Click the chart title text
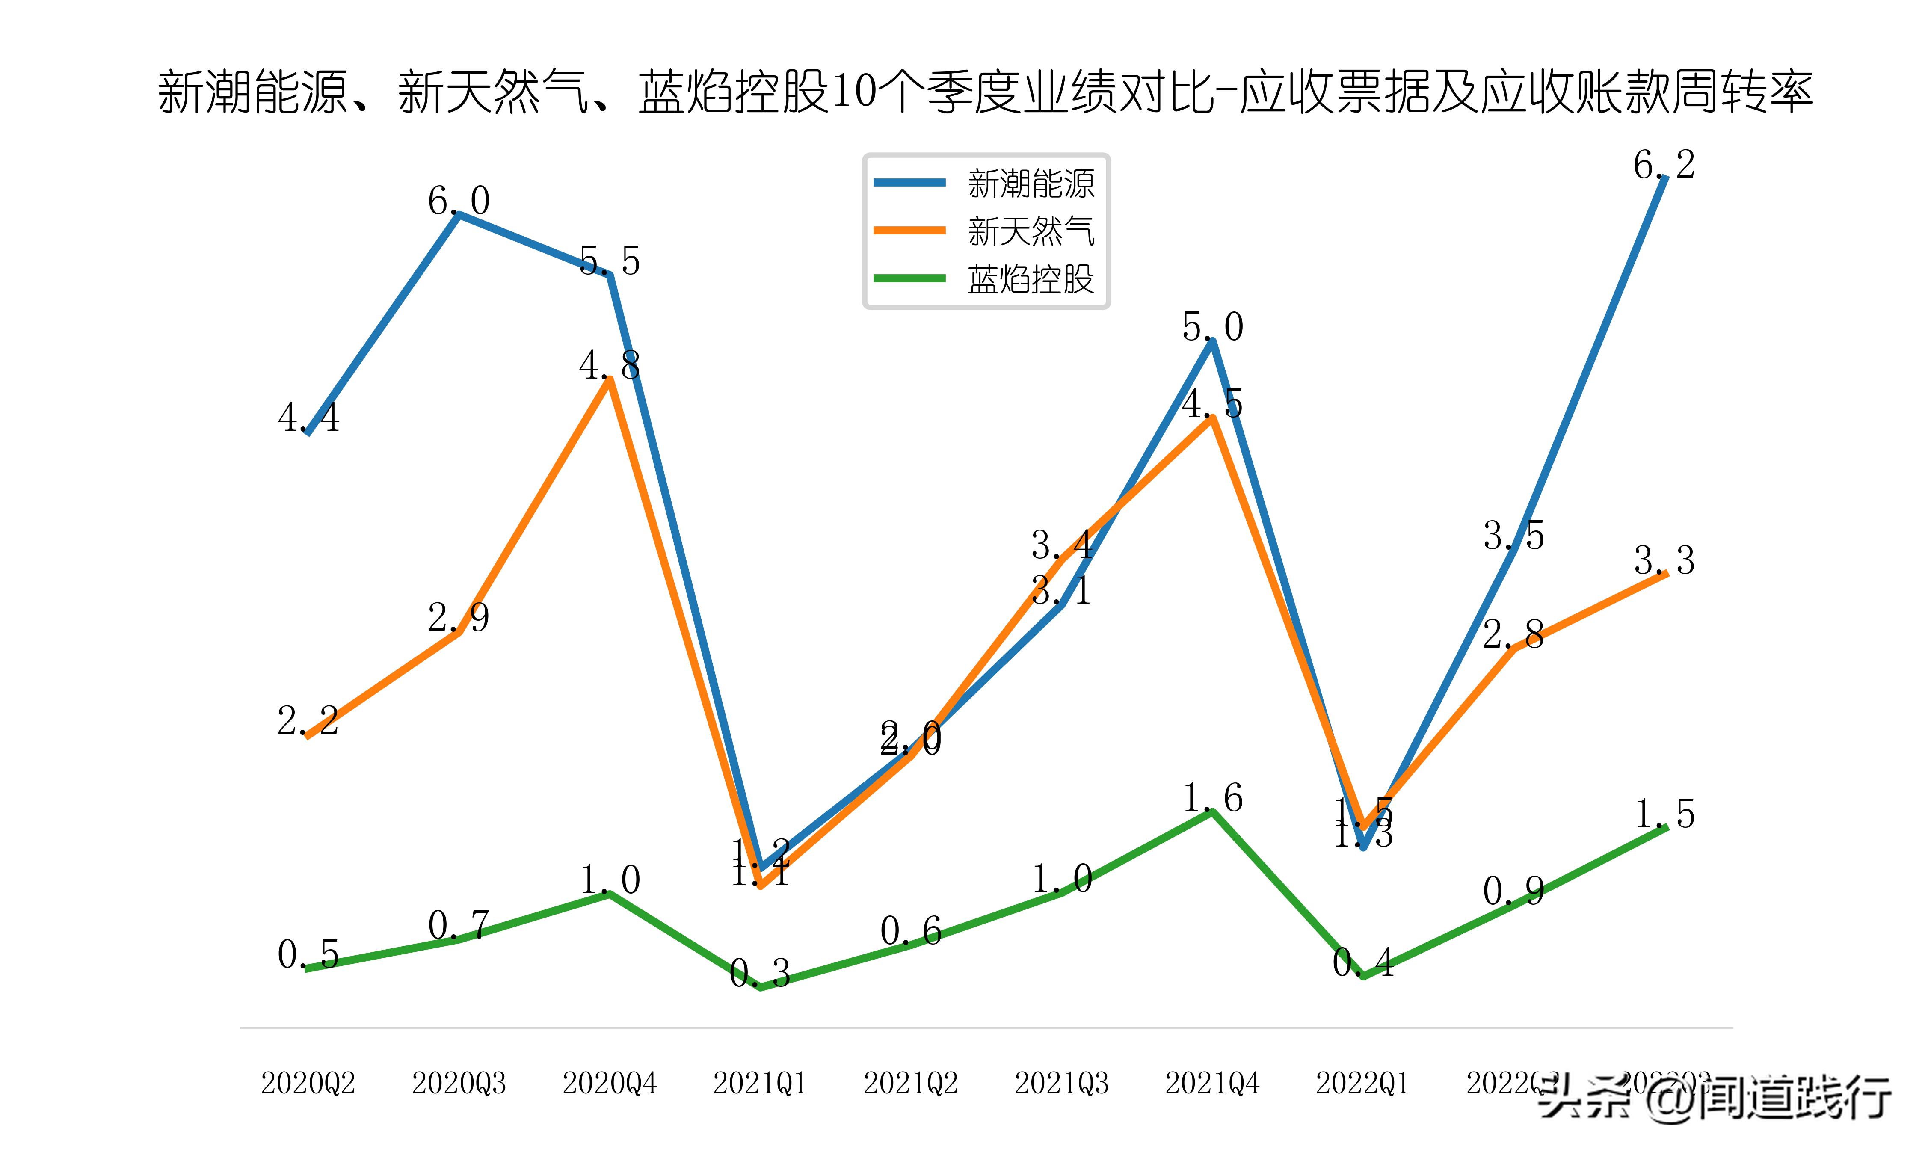[985, 92]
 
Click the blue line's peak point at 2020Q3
[459, 215]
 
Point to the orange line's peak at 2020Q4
[610, 379]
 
